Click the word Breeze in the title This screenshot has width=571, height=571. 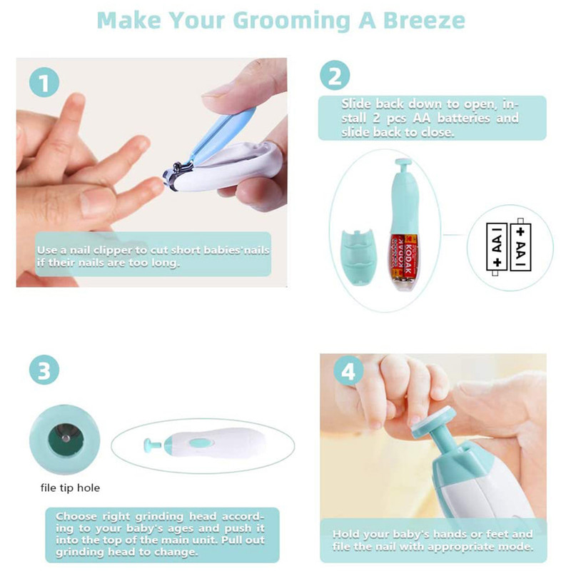coord(424,21)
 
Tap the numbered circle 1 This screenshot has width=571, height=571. coord(44,82)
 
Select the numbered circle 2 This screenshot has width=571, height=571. coord(335,76)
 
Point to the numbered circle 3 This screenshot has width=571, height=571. coord(44,370)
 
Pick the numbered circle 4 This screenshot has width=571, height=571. coord(348,372)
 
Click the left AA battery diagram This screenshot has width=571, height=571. coord(496,248)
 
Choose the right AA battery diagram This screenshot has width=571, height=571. coord(520,244)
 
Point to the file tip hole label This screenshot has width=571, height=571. coord(70,488)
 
